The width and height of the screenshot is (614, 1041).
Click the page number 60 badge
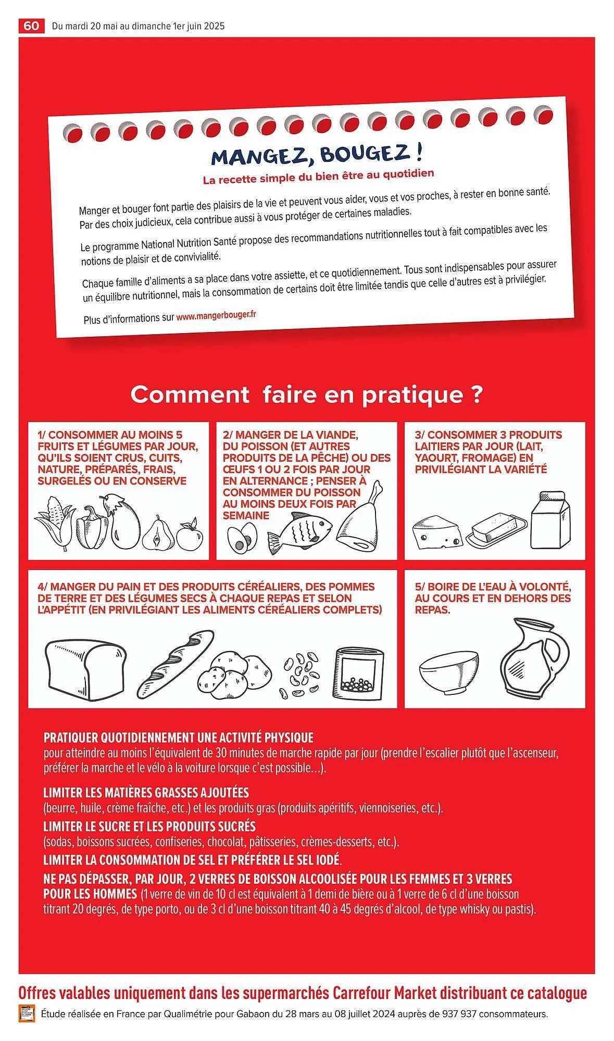click(31, 26)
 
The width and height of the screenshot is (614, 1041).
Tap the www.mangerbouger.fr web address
click(216, 316)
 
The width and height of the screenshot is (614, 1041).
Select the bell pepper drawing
click(92, 528)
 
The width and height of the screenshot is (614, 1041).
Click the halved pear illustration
click(156, 534)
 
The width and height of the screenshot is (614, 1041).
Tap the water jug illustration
click(534, 657)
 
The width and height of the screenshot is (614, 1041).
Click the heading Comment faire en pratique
click(306, 395)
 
